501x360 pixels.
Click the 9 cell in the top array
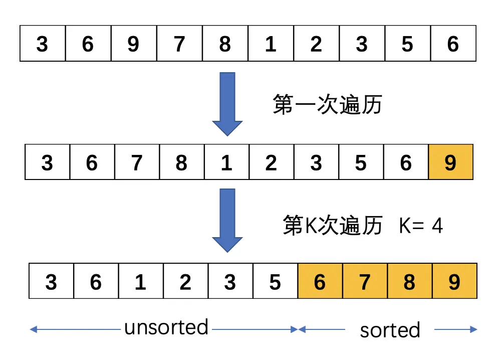(133, 45)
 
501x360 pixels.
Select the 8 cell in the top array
(225, 45)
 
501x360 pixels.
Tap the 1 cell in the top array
(271, 45)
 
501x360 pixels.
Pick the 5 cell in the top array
(407, 45)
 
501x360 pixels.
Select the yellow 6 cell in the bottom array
(320, 282)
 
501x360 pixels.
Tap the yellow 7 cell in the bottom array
(365, 282)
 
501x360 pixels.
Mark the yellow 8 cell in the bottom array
(409, 282)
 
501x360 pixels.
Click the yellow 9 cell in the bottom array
(454, 282)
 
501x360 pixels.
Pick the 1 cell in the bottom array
(141, 282)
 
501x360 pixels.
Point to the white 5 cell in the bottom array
(275, 282)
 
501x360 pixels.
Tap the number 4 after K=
(437, 226)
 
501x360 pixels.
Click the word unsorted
(166, 327)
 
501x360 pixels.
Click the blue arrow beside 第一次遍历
(227, 103)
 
